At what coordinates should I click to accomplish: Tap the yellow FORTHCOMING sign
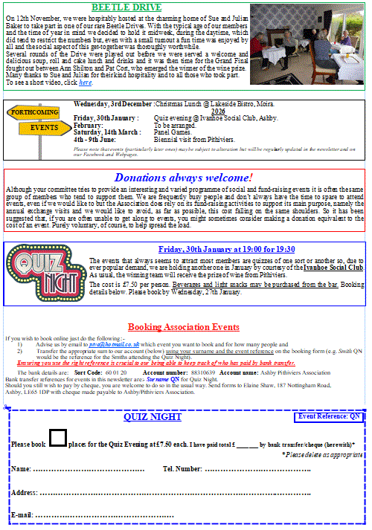point(33,112)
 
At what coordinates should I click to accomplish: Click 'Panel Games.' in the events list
point(173,132)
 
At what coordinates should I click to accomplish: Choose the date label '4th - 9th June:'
point(94,139)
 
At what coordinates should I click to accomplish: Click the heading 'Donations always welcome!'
point(183,178)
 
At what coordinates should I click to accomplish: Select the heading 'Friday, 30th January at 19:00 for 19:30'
point(226,249)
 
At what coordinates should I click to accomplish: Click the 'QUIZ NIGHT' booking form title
point(152,417)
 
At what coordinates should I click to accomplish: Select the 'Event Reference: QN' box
point(328,417)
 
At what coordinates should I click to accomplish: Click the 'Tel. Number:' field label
point(182,469)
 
